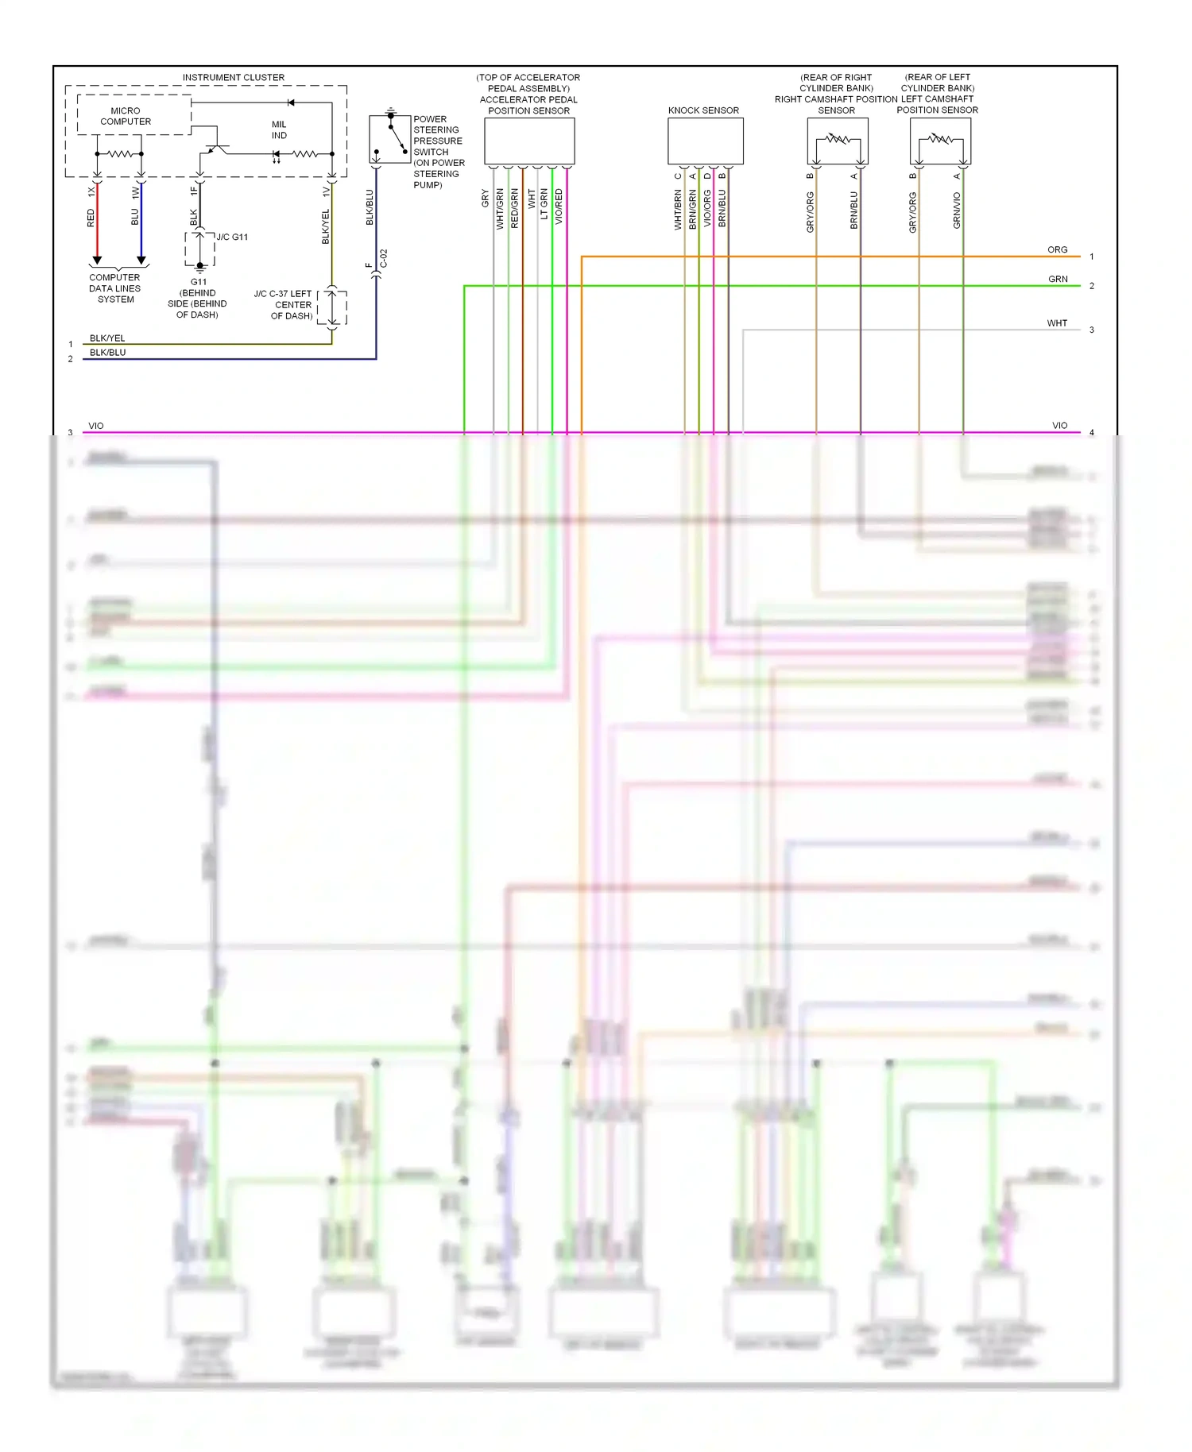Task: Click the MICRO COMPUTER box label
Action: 126,116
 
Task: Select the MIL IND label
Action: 279,129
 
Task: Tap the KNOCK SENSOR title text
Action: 703,110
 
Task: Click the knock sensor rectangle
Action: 705,141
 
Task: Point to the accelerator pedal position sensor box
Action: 529,141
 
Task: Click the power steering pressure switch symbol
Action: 390,139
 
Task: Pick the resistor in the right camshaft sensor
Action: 838,139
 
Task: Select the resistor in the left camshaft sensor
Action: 941,139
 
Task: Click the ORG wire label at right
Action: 1057,249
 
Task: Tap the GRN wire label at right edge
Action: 1058,279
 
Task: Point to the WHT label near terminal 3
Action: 1057,323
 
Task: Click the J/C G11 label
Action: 232,237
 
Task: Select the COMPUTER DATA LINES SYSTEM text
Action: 115,288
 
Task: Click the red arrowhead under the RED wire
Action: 97,261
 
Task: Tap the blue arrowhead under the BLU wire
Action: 141,261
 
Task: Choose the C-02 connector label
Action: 384,258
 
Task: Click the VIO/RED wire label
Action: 559,207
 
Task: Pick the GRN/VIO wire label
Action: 957,210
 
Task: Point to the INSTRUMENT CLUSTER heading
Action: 233,78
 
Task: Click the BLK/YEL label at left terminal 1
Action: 107,338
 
